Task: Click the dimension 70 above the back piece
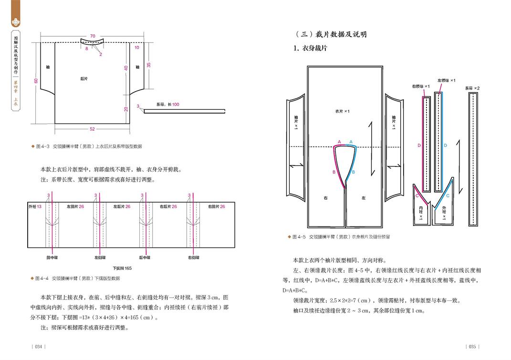point(93,36)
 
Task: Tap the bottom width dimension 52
point(93,129)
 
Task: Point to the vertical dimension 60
point(36,82)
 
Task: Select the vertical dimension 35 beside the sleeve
point(149,64)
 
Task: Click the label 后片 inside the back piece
point(83,79)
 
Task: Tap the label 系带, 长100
point(167,104)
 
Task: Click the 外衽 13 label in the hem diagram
point(35,206)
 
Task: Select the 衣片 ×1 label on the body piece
point(343,112)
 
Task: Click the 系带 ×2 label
point(472,88)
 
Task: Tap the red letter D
point(419,145)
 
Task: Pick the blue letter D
point(445,145)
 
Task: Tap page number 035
point(472,346)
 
